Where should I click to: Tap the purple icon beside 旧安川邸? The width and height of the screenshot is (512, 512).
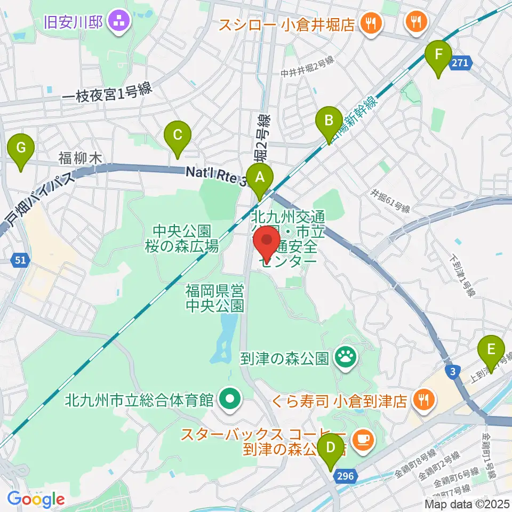coord(118,21)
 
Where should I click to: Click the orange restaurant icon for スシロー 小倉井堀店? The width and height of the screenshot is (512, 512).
coord(369,23)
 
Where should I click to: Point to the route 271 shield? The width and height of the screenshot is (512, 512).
coord(461,63)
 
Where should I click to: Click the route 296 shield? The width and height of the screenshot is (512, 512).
coord(344,475)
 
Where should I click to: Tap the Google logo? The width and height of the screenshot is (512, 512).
coord(36,499)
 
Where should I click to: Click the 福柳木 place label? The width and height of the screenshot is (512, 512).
coord(80,157)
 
